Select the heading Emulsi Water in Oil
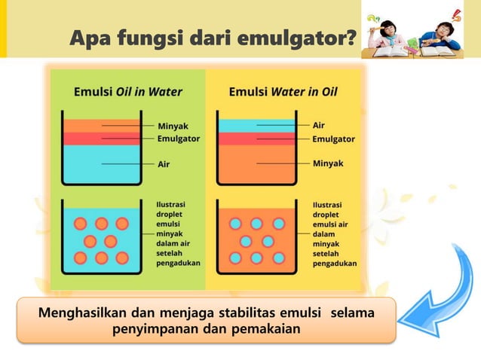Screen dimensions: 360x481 click(283, 92)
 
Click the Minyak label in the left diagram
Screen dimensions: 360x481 click(173, 126)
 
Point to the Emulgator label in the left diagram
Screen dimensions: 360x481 click(178, 139)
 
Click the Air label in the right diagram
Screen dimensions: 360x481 click(319, 126)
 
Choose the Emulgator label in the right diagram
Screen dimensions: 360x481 click(333, 139)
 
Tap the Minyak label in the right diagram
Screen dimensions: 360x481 click(328, 163)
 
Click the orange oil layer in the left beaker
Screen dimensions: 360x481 click(100, 126)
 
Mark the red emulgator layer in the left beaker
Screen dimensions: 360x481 click(100, 139)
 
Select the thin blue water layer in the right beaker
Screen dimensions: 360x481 click(256, 126)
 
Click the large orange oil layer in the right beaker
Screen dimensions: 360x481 click(256, 162)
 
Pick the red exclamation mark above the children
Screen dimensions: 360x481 click(456, 13)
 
